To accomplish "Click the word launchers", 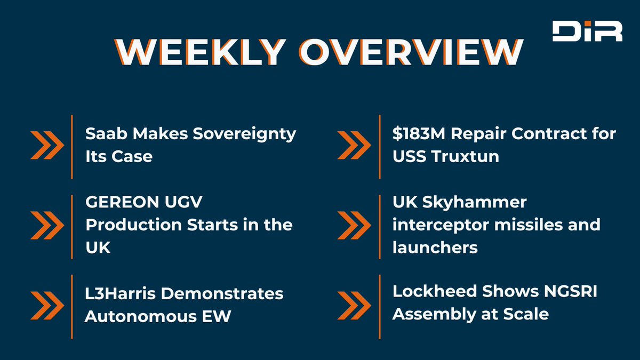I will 435,247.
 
